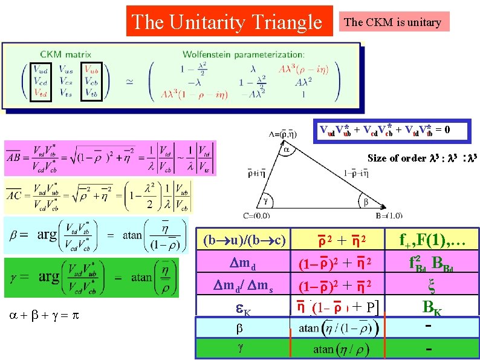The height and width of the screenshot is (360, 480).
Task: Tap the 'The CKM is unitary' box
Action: coord(392,22)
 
